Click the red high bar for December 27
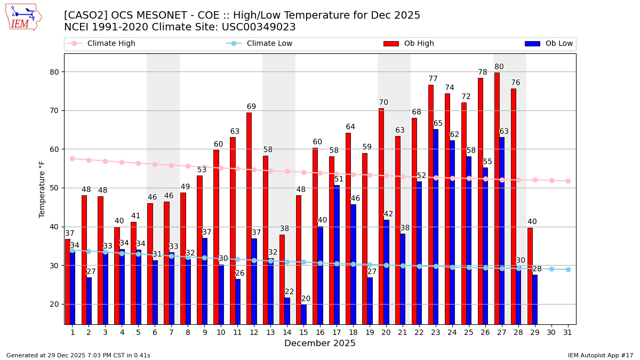point(497,197)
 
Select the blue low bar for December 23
point(436,226)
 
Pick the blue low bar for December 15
point(303,314)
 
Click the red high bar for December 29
point(530,275)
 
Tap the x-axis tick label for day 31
point(568,332)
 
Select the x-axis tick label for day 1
point(73,332)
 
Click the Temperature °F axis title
point(43,189)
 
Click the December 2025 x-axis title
point(320,343)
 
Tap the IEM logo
point(23,17)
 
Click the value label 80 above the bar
point(499,67)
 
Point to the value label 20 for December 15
point(306,299)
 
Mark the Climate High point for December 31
point(568,181)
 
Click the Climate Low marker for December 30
point(551,269)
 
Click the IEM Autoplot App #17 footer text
point(601,355)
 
